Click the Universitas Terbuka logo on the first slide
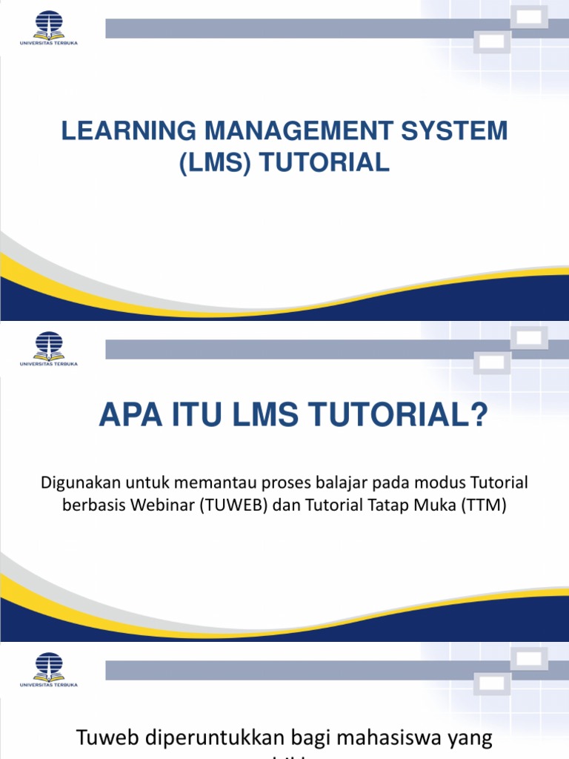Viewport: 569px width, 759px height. (x=49, y=27)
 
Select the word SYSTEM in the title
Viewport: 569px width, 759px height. (x=459, y=131)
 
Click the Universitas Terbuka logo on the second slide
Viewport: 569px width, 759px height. (x=49, y=348)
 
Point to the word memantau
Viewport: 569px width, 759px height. (x=210, y=483)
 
